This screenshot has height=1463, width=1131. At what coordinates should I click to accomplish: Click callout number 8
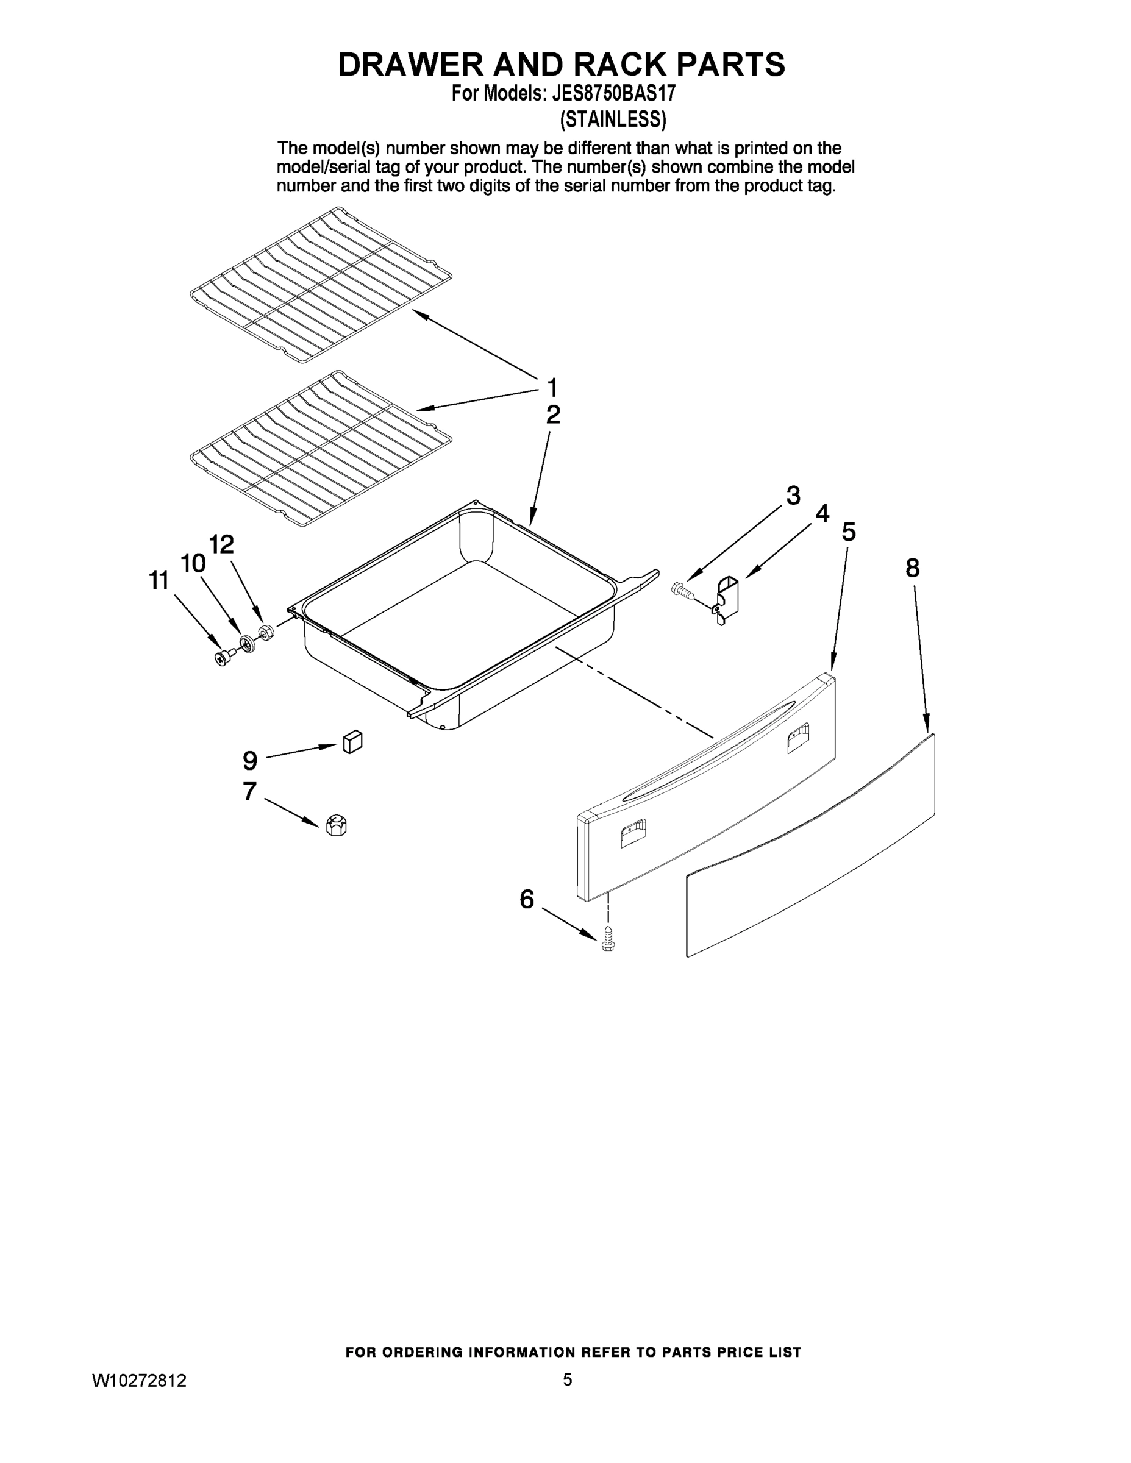(912, 569)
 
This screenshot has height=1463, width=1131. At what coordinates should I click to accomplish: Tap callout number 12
(221, 544)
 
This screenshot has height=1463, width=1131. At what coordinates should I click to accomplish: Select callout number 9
(249, 760)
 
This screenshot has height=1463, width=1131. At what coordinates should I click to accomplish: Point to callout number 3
(793, 496)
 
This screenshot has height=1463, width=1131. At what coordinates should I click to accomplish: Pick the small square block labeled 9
(352, 742)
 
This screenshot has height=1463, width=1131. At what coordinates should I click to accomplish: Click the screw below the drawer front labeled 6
(608, 939)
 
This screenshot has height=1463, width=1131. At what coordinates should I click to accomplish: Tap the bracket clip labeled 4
(726, 598)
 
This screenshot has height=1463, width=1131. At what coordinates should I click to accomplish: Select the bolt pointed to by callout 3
(682, 590)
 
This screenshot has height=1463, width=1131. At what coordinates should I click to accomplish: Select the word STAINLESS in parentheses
(612, 119)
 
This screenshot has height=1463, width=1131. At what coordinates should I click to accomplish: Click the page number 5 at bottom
(567, 1379)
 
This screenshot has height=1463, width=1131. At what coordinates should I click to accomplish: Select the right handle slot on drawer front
(798, 738)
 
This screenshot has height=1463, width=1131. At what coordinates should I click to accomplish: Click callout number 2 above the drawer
(552, 415)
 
